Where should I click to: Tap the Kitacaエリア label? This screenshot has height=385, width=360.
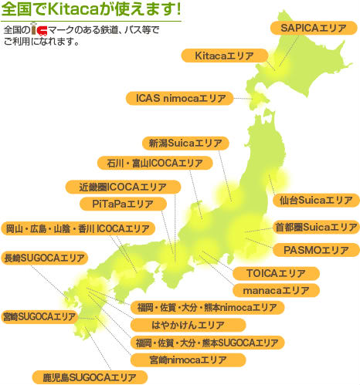click(222, 55)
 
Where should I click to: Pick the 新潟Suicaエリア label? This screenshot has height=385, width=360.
click(185, 143)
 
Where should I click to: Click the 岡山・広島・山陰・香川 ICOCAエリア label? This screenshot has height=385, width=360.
click(78, 229)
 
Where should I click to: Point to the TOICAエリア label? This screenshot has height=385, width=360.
click(276, 274)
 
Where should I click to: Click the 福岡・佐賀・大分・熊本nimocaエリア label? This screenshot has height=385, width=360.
click(205, 307)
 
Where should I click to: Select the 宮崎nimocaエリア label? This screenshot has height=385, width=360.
click(188, 360)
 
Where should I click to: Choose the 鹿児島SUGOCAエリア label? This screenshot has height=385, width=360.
click(89, 377)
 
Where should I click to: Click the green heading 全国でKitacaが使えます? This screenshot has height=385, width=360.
click(91, 10)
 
